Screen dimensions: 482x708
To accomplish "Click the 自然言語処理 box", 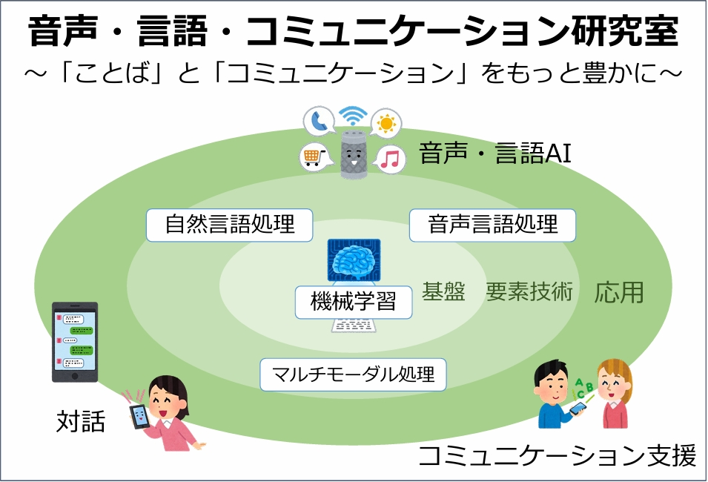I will (229, 225).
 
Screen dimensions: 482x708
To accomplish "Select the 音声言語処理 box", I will (492, 225).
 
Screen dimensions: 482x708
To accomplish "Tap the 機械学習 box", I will (353, 302).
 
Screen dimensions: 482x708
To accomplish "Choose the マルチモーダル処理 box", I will (353, 374).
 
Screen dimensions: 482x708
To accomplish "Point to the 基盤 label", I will (443, 292).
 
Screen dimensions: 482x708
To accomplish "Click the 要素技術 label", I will (529, 292).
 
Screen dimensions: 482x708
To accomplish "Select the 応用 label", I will (619, 292).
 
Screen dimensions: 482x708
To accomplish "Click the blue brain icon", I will (354, 261).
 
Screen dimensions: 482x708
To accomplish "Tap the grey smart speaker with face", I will (354, 155).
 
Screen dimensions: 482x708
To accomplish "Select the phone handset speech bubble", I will (320, 120).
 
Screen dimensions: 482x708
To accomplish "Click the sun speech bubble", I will (386, 122).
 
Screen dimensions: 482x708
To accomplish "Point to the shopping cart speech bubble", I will (312, 156).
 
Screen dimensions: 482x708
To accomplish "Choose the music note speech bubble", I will (391, 159).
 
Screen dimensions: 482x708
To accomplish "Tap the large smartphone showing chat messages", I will (74, 341).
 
